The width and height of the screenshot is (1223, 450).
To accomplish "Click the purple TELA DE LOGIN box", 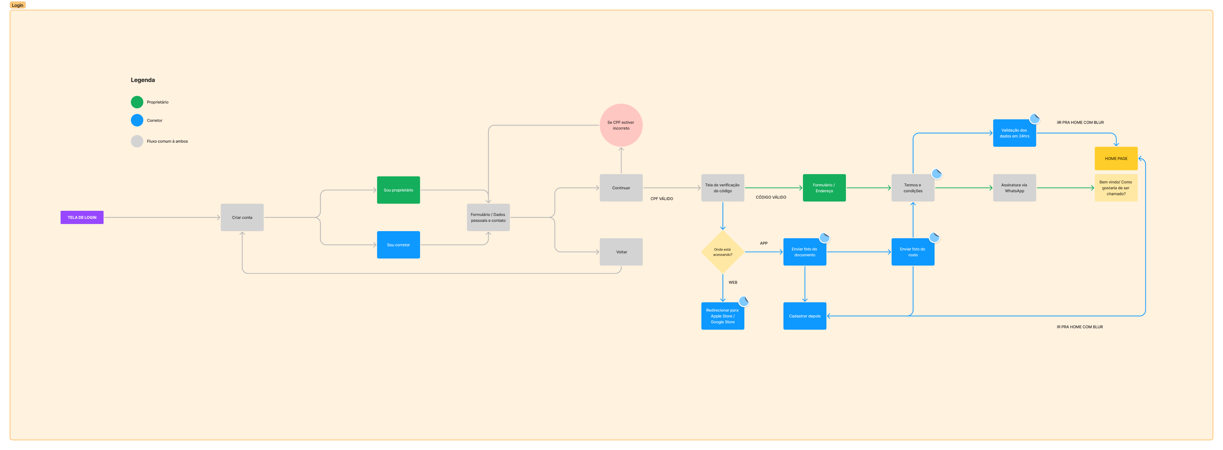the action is click(x=82, y=217).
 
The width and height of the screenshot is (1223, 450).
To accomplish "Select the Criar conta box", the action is click(x=242, y=217).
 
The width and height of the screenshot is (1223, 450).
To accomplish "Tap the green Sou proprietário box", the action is click(x=398, y=190).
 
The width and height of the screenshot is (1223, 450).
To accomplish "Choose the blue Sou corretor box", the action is click(x=398, y=245).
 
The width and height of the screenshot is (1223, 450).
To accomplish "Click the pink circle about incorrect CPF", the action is click(x=621, y=125).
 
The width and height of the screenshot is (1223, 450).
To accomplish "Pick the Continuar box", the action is click(x=621, y=188).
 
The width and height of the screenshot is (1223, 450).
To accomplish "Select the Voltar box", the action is click(x=621, y=252).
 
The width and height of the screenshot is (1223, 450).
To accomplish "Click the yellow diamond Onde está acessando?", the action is click(x=723, y=252).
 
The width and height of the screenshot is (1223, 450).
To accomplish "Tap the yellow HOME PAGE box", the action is click(x=1116, y=158).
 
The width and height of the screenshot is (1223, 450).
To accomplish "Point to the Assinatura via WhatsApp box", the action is click(x=1014, y=188).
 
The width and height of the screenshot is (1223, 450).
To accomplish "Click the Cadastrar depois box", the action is click(x=805, y=316).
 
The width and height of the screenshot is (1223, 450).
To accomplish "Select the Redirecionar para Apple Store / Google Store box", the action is click(x=723, y=316).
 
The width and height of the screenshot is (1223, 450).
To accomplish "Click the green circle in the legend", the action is click(x=137, y=102).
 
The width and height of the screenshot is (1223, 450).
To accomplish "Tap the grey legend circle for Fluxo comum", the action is click(x=137, y=141).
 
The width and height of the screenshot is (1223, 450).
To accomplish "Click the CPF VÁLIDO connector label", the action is click(x=661, y=199).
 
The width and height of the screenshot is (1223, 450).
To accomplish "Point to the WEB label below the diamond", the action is click(x=732, y=282).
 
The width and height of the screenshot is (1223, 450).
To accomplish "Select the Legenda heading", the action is click(x=142, y=80).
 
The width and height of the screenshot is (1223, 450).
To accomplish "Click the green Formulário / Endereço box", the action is click(x=824, y=188).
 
